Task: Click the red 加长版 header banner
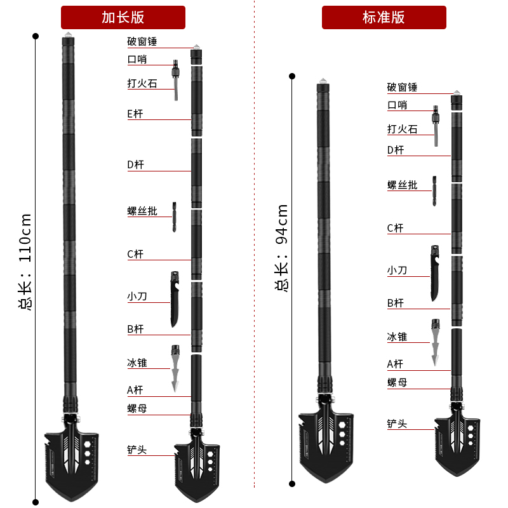(123, 17)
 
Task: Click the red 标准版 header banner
(384, 17)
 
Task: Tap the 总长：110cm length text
(25, 261)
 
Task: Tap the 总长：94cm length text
(282, 248)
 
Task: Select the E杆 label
(136, 114)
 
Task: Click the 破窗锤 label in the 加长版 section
(142, 42)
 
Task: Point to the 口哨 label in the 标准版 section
(398, 105)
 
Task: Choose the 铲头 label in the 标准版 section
(398, 424)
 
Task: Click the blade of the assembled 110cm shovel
(70, 460)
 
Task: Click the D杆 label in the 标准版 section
(396, 150)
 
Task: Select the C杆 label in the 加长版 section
(135, 254)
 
